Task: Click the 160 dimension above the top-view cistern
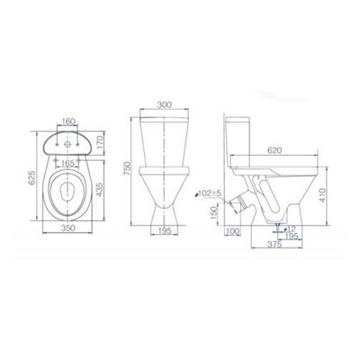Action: [x=68, y=121]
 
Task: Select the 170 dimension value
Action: [x=100, y=143]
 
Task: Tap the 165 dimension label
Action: [x=67, y=164]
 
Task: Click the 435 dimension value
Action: [x=100, y=190]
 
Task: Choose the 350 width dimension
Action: [x=68, y=228]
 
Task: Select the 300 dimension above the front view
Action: [x=165, y=104]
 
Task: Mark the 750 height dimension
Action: [x=127, y=168]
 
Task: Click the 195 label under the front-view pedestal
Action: [x=164, y=230]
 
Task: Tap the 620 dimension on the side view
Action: [x=274, y=150]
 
